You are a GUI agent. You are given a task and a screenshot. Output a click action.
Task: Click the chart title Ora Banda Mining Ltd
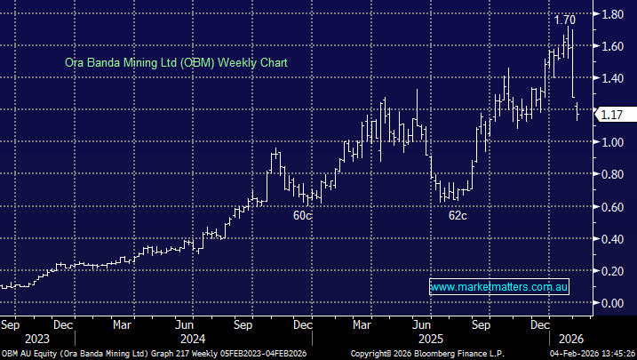pos(176,63)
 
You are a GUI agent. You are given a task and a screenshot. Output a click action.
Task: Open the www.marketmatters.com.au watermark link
pos(498,287)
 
